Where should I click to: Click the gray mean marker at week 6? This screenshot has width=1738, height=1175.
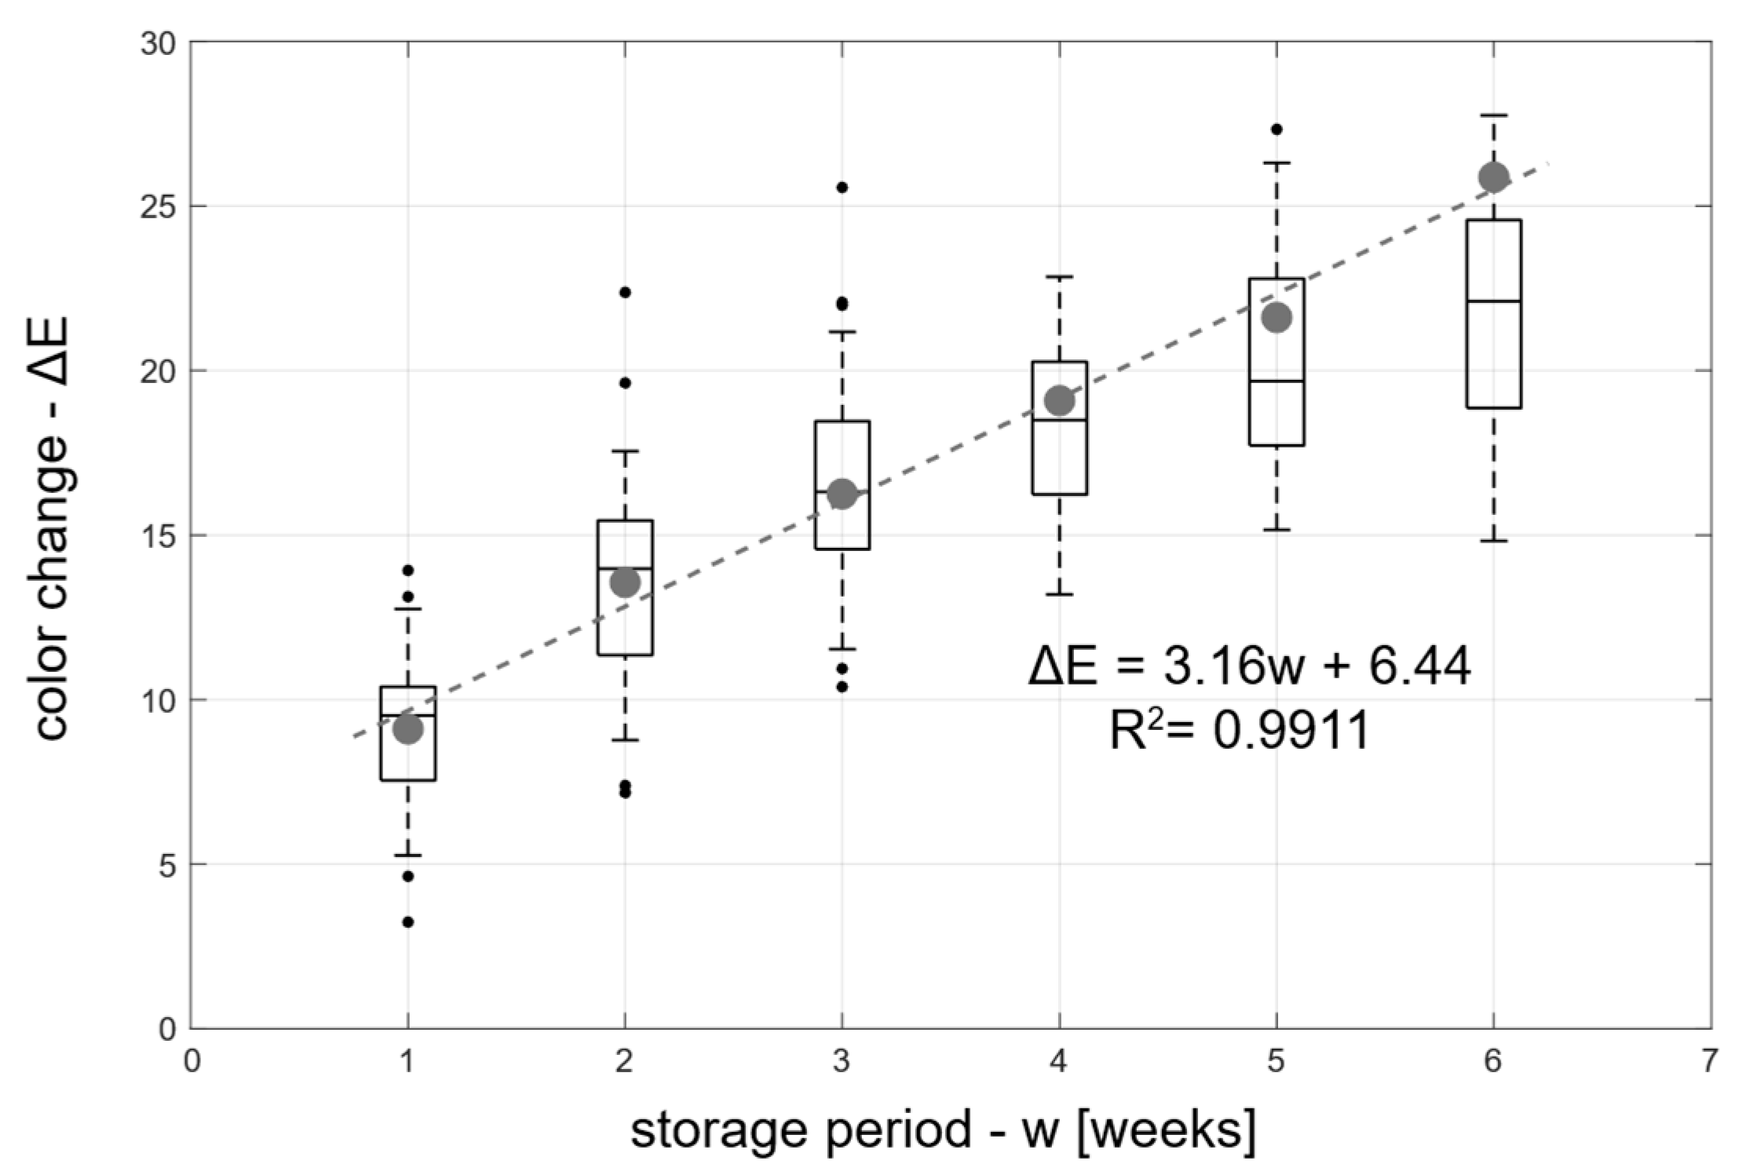[x=1492, y=177]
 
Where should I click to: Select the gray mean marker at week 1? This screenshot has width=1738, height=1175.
[x=408, y=729]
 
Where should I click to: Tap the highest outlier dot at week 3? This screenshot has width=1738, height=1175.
[x=842, y=187]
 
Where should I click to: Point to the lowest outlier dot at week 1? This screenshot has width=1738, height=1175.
[x=408, y=921]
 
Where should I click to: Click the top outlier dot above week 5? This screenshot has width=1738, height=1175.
[x=1276, y=129]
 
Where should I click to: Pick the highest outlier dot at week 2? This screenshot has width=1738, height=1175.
[x=625, y=292]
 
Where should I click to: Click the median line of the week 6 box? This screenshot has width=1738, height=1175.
[x=1493, y=301]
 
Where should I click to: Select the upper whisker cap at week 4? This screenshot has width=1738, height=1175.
[x=1060, y=276]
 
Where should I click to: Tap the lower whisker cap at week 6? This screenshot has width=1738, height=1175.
[x=1493, y=541]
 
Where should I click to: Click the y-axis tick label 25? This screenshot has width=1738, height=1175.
[x=158, y=206]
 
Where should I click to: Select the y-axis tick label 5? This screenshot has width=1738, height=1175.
[x=166, y=864]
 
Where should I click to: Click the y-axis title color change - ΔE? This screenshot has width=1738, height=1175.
[x=53, y=527]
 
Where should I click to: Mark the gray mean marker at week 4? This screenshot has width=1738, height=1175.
[x=1060, y=400]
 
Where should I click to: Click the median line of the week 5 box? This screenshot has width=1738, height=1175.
[x=1276, y=381]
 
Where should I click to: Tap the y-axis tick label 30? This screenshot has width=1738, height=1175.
[x=158, y=42]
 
